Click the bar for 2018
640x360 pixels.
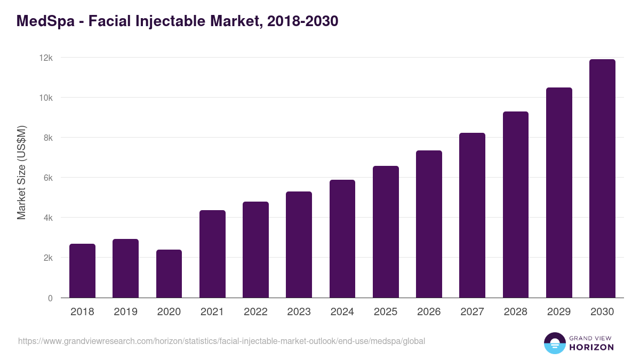[x=82, y=271]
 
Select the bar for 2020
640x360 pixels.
[x=169, y=274]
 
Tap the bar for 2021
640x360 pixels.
[x=212, y=254]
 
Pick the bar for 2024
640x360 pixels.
[x=342, y=239]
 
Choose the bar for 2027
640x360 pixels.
[x=472, y=215]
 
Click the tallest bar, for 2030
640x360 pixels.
[x=602, y=179]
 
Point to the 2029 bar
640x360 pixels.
[x=559, y=193]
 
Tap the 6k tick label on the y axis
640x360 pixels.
[x=47, y=178]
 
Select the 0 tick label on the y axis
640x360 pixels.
[x=50, y=298]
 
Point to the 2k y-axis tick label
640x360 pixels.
[x=47, y=258]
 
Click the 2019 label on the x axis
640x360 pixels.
[x=125, y=312]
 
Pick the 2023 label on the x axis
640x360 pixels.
[x=299, y=312]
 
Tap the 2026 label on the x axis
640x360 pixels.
[x=429, y=312]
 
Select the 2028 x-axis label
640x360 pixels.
[x=515, y=312]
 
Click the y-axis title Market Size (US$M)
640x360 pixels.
[x=21, y=172]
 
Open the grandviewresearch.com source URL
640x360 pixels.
[x=221, y=341]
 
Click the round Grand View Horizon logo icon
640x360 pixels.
[x=555, y=343]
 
